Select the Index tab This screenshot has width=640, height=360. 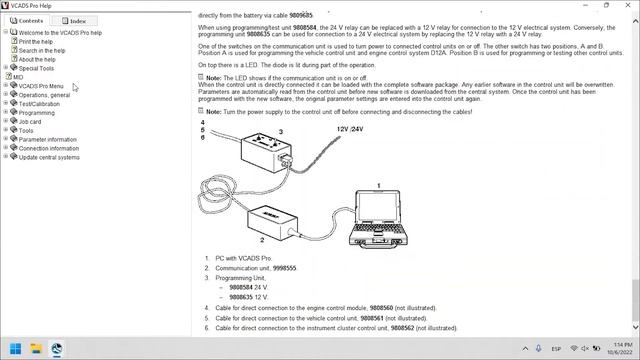[74, 20]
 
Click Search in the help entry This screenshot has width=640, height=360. [42, 51]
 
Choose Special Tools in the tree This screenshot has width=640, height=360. [36, 69]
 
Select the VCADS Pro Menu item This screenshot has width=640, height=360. [41, 87]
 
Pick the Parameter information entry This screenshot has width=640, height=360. [47, 139]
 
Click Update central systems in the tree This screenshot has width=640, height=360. [49, 157]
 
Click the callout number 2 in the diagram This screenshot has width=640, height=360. [261, 241]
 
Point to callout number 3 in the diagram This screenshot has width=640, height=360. [280, 132]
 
